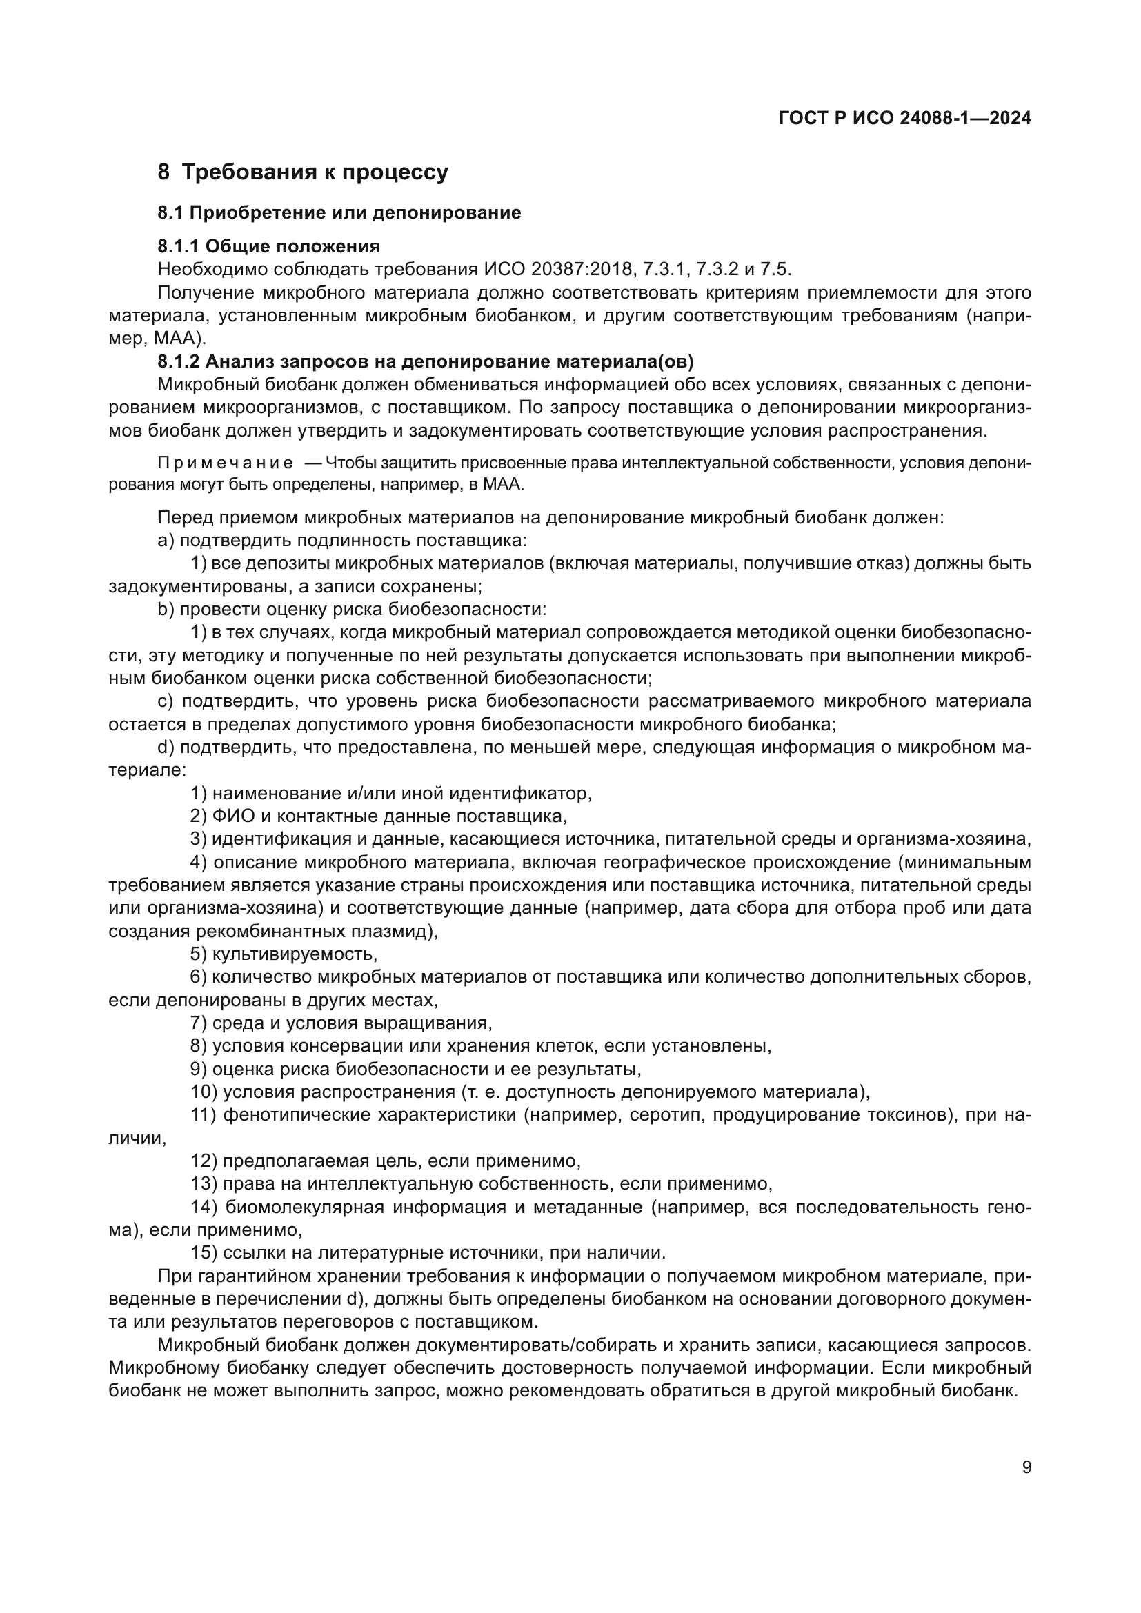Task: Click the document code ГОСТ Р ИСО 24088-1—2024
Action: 905,119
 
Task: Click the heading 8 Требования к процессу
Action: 303,172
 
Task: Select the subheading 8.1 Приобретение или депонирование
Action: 339,213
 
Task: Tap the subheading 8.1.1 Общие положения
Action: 268,247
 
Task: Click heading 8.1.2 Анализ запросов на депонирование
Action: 425,362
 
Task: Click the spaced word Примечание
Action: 226,463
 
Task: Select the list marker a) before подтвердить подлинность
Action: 166,540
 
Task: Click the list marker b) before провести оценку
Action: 166,609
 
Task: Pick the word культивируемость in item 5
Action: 295,954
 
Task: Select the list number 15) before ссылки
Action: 204,1252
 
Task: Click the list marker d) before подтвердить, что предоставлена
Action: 166,748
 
